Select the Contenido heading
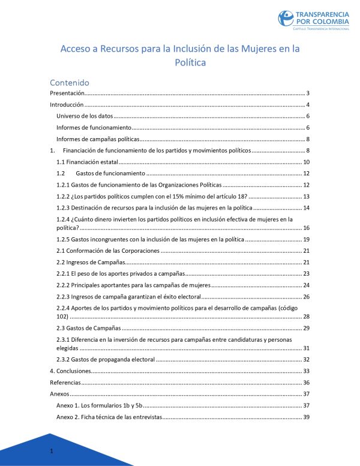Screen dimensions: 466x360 click(x=70, y=82)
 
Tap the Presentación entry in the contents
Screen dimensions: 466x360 click(x=66, y=93)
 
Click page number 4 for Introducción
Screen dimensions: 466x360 click(x=307, y=105)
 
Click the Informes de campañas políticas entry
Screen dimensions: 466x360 click(x=98, y=139)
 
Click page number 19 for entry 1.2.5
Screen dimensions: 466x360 click(x=305, y=240)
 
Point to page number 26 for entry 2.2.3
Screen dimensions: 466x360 click(x=305, y=297)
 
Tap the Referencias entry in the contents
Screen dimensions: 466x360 click(x=64, y=383)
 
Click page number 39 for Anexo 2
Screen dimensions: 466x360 click(x=305, y=417)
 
